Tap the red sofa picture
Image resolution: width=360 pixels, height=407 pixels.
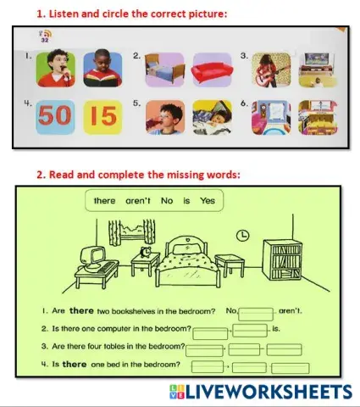208,70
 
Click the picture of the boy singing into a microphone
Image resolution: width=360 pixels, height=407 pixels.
56,70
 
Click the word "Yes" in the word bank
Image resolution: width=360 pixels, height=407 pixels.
207,201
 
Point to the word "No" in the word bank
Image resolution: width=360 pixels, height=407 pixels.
166,201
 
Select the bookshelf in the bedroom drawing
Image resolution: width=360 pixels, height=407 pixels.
282,260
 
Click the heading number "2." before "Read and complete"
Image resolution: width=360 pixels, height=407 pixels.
40,175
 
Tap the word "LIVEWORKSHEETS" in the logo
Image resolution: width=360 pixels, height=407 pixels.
270,392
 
